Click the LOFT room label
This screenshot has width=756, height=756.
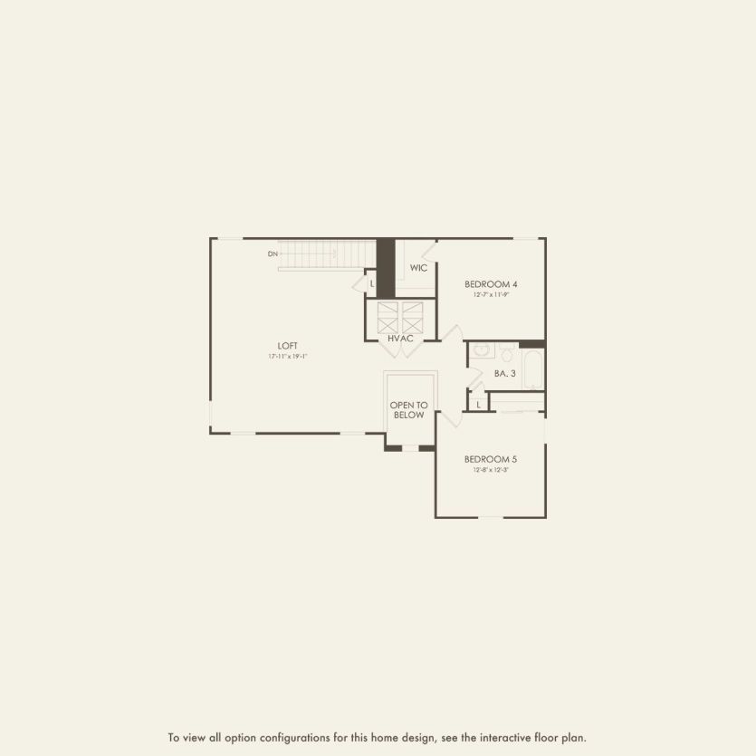coord(288,345)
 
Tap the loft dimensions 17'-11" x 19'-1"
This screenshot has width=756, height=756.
coord(288,357)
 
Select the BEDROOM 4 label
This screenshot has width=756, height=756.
coord(491,283)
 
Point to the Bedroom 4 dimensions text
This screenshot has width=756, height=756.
coord(491,295)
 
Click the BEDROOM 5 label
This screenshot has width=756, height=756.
coord(491,459)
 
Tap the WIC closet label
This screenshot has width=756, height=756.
coord(418,268)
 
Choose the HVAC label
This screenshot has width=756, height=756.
coord(400,339)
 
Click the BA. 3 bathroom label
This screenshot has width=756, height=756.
coord(505,373)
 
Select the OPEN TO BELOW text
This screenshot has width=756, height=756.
coord(409,410)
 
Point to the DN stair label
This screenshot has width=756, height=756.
coord(273,254)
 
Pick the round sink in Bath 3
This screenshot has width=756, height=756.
coord(481,349)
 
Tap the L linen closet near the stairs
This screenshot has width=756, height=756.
coord(371,283)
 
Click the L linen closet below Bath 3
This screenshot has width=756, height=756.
coord(478,404)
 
